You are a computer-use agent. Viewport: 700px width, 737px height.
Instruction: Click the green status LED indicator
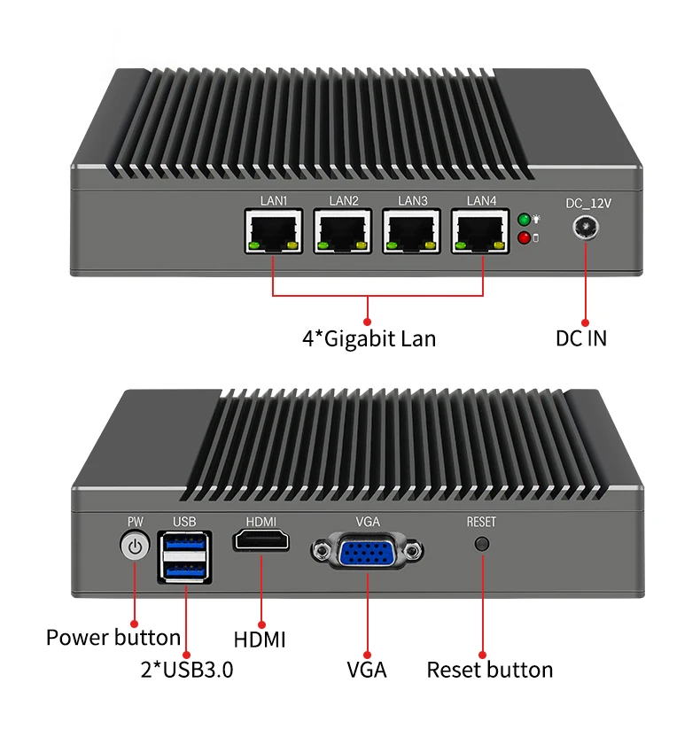coord(524,220)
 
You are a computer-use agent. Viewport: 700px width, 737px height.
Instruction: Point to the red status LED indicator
coord(524,237)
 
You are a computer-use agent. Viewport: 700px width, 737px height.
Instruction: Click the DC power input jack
coord(585,228)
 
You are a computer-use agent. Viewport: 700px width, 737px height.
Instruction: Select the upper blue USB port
coord(184,543)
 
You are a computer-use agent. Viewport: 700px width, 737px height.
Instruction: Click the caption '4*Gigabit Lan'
coord(369,337)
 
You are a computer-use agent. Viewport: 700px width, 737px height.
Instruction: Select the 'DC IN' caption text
coord(581,337)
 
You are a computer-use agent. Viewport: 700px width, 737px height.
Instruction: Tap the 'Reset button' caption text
coord(490,670)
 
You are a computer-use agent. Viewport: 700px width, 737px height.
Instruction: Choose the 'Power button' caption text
coord(113,637)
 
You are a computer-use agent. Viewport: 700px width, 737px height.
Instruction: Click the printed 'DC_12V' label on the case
coord(588,203)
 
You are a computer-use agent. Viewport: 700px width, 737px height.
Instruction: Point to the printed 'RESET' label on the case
coord(481,522)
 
